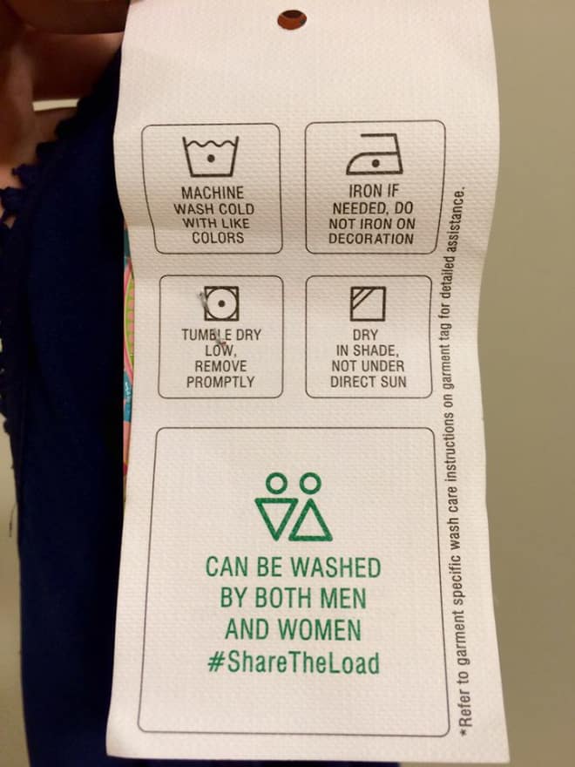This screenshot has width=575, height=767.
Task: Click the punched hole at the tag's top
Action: click(x=292, y=17)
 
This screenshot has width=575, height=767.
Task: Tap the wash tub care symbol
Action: click(x=210, y=156)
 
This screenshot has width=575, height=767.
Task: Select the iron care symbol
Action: click(x=374, y=156)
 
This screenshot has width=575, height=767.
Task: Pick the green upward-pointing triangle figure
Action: click(x=312, y=519)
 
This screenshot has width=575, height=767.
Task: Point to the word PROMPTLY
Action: click(x=220, y=382)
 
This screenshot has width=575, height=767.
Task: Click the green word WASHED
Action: click(x=335, y=567)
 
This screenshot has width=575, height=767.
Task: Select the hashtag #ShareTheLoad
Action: click(x=294, y=662)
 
